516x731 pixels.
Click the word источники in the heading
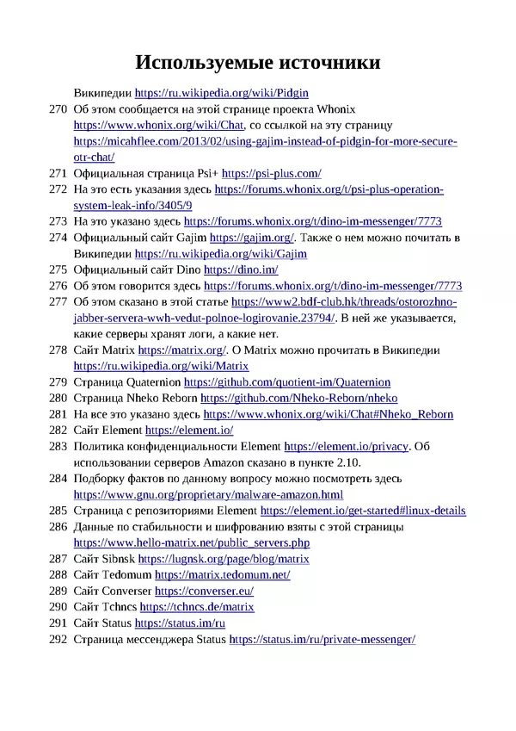pos(324,63)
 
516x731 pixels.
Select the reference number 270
pos(58,109)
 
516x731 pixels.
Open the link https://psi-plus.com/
pos(272,173)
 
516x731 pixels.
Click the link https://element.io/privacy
pos(347,446)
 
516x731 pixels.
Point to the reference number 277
pos(58,302)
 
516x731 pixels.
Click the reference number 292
pos(58,639)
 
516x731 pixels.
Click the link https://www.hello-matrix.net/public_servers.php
pos(192,542)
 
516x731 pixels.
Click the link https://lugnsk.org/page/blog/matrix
pos(223,559)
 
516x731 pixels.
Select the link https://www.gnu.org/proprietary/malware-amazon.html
pos(208,494)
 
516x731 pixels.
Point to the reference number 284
pos(58,478)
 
